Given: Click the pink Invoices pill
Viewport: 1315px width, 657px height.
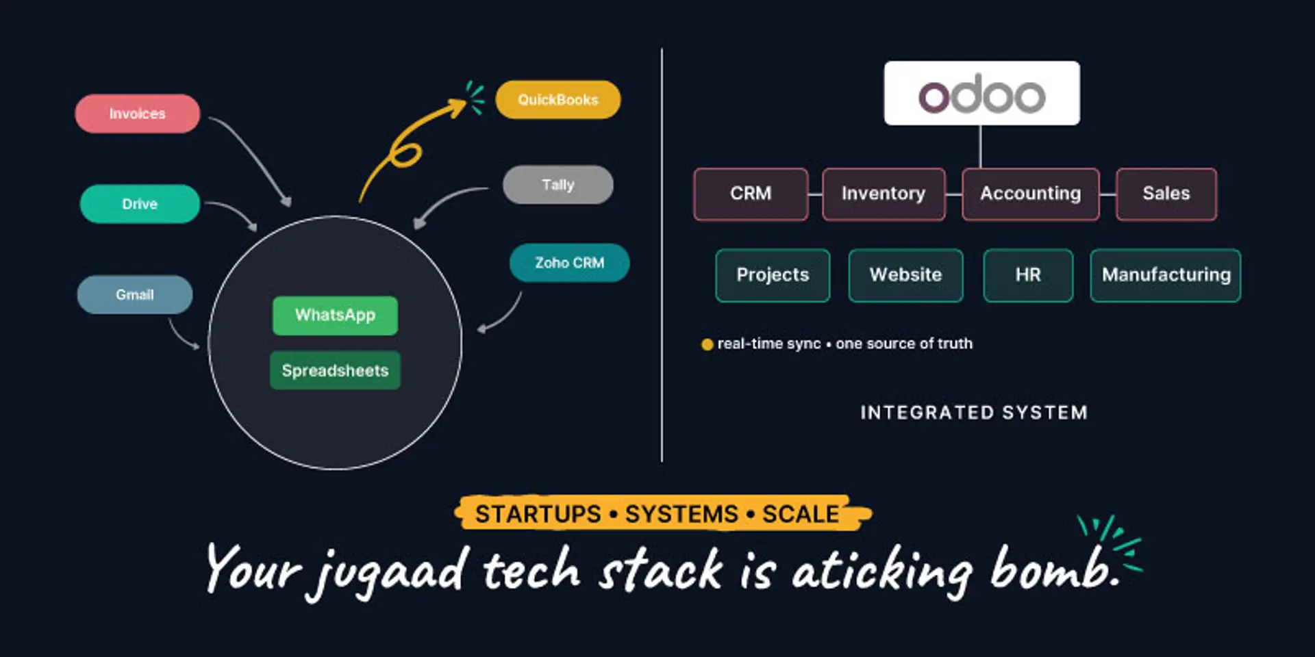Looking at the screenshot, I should click(x=137, y=114).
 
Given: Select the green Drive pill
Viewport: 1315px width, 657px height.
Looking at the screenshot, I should click(x=140, y=204).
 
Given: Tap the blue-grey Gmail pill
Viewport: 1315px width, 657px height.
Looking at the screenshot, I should click(x=134, y=295).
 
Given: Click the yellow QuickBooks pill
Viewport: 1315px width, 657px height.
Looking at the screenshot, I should click(x=558, y=100).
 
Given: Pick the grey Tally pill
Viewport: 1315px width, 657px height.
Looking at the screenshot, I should click(x=558, y=185).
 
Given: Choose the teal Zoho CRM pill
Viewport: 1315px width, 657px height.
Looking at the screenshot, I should click(x=569, y=263).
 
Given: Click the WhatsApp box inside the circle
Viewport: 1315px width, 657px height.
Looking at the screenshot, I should click(x=335, y=315).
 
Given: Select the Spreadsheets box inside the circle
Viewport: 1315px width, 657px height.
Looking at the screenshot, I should click(x=335, y=370).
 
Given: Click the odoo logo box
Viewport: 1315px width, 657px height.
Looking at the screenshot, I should click(x=981, y=94).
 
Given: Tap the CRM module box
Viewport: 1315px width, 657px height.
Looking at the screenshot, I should click(x=751, y=194).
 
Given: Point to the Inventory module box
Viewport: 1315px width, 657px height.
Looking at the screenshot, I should click(x=883, y=194).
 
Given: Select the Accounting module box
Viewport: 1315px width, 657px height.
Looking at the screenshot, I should click(x=1030, y=194).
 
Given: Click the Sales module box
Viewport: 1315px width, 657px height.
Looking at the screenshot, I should click(x=1166, y=194).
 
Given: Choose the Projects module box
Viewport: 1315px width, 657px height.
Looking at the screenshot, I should click(x=773, y=275).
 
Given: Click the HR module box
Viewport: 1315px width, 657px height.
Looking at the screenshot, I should click(x=1027, y=275).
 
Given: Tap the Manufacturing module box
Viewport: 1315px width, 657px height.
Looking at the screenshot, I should click(x=1166, y=275).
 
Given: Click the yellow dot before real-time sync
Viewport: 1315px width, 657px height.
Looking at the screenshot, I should click(x=707, y=344).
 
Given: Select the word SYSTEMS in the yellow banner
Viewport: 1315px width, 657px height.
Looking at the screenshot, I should click(x=681, y=514).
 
